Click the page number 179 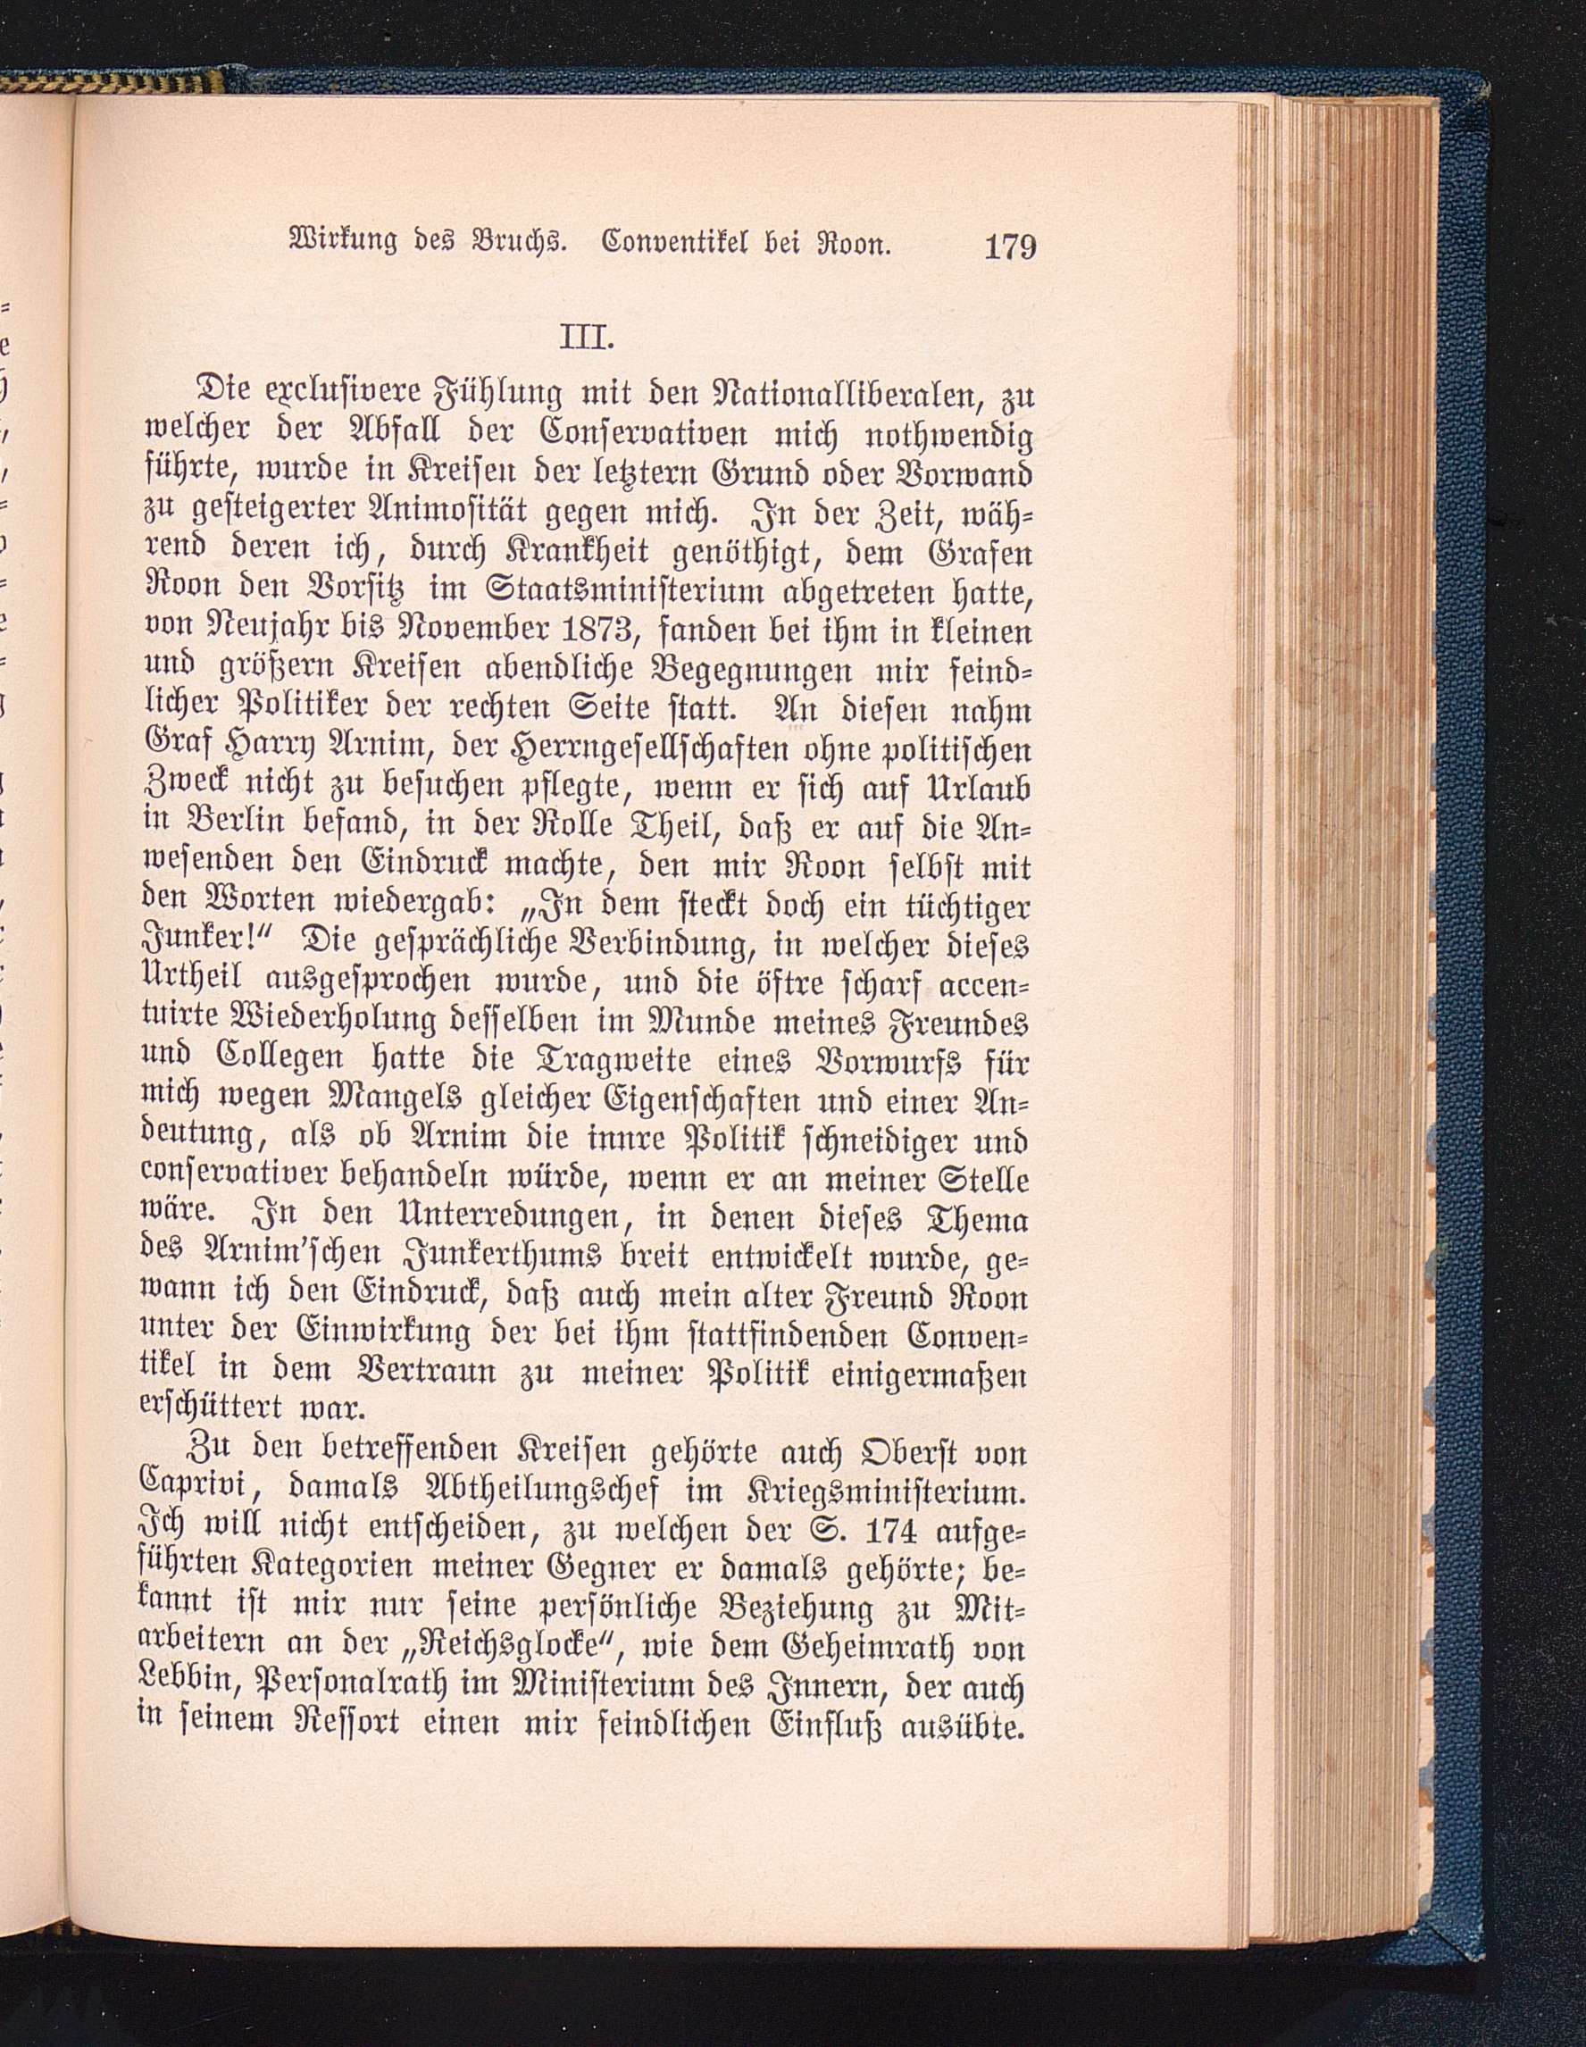(1009, 247)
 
